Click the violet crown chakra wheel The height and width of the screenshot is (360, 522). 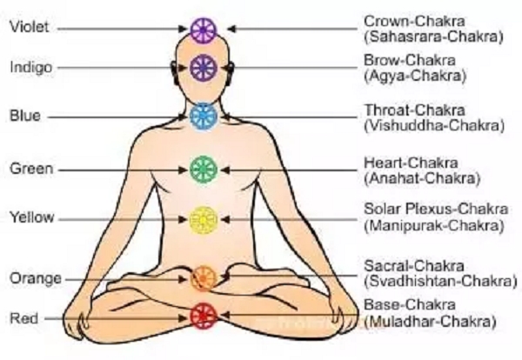coord(203,29)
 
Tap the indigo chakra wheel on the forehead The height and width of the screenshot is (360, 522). coord(203,65)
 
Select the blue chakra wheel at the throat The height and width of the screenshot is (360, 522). coord(203,114)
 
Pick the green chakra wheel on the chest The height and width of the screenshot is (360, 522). coord(203,168)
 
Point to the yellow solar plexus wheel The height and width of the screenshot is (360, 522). coord(203,217)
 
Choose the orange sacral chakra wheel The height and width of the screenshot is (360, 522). coord(204,277)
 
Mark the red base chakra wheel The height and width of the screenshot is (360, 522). coord(203,315)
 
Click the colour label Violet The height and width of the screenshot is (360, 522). coord(28,27)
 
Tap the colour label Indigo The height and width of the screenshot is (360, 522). coord(30,67)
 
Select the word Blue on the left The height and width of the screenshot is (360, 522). coord(23,115)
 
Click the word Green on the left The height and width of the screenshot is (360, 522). coord(29,168)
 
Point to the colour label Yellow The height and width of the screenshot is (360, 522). coord(30,217)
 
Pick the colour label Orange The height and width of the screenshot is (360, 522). coord(32,278)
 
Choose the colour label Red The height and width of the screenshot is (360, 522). coord(23,318)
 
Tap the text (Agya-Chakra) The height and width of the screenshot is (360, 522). coord(412,76)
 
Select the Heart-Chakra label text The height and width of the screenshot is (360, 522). coord(406,163)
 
